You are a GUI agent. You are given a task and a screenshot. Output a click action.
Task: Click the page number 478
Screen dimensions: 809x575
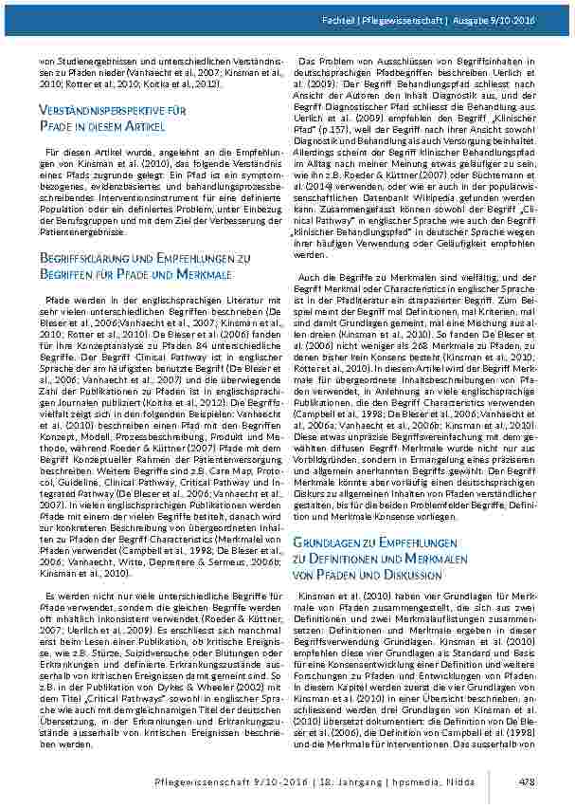528,781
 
